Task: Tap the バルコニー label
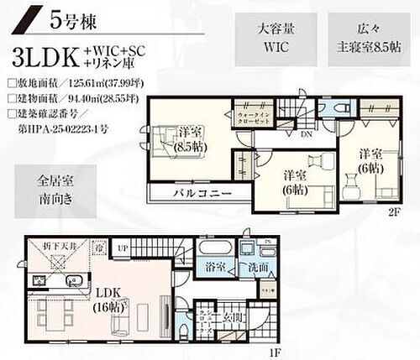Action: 197,192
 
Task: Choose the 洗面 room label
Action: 257,268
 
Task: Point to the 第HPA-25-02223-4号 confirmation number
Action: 71,128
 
